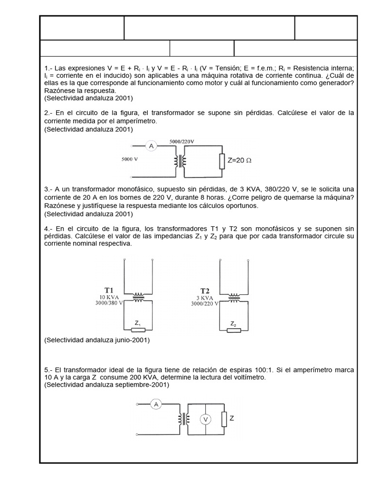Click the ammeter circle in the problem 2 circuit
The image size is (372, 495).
pyautogui.click(x=151, y=146)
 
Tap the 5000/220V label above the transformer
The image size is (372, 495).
pyautogui.click(x=182, y=141)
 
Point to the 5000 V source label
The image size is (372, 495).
pyautogui.click(x=130, y=159)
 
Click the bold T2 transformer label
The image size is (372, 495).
pyautogui.click(x=205, y=291)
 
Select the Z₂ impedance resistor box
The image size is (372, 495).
pyautogui.click(x=233, y=330)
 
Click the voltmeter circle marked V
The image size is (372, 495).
pyautogui.click(x=205, y=420)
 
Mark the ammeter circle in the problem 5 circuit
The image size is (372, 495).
pyautogui.click(x=156, y=404)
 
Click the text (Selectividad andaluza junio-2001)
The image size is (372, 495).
pyautogui.click(x=97, y=340)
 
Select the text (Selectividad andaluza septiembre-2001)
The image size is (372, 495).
pyautogui.click(x=106, y=385)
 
